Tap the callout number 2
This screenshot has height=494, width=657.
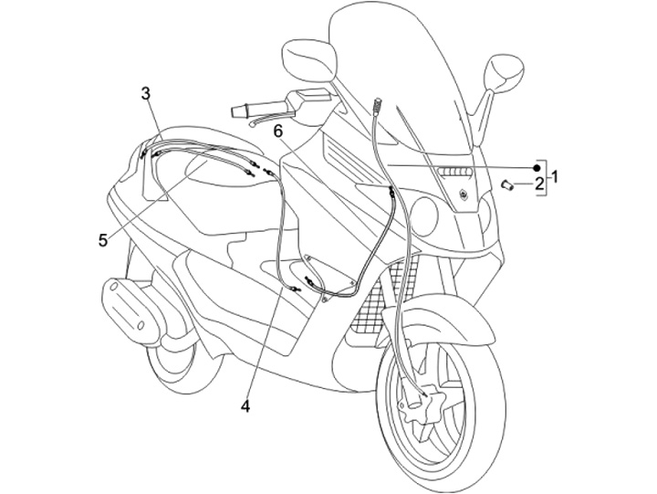[538, 184]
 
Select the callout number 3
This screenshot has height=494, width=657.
[146, 92]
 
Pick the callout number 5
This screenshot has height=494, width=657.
[103, 240]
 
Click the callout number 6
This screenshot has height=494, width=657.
[278, 131]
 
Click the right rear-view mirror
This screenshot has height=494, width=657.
[505, 72]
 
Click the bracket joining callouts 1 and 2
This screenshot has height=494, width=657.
[546, 176]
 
